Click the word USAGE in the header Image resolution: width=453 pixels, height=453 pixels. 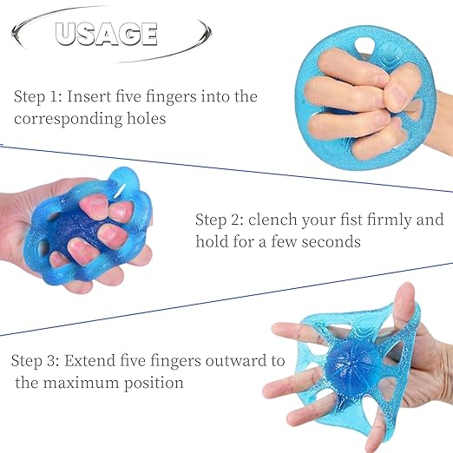tap(106, 34)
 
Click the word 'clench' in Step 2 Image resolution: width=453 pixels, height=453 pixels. tap(281, 220)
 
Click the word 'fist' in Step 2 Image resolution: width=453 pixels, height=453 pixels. tap(356, 220)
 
